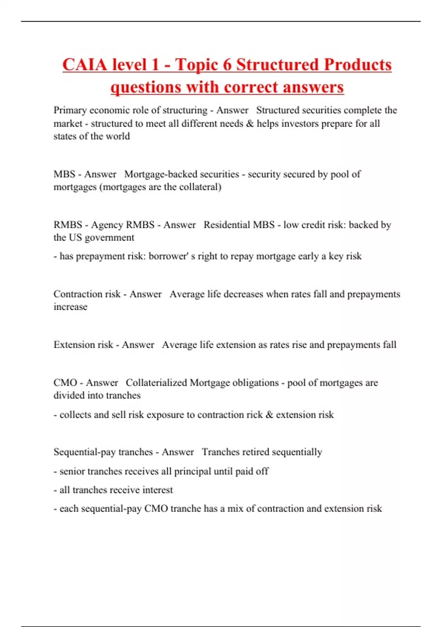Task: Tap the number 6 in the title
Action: [227, 65]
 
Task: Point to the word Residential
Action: [227, 225]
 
